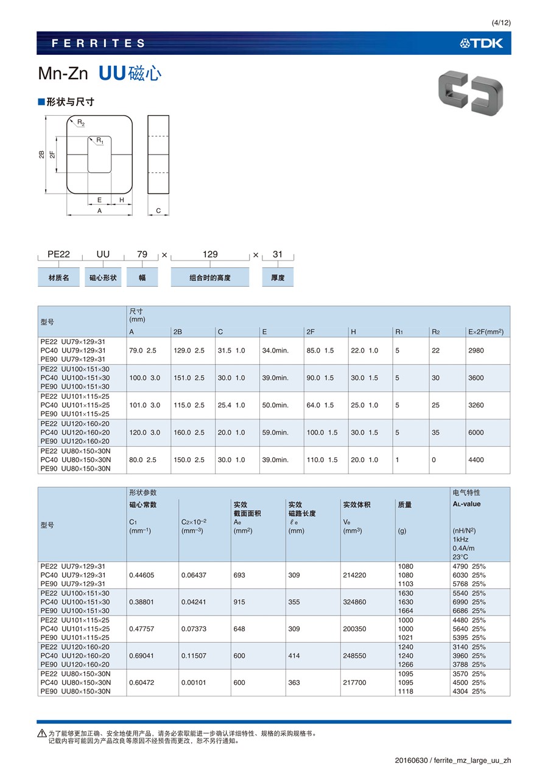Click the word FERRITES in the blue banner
pos(99,43)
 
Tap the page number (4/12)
pos(501,23)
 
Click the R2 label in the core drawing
pos(81,123)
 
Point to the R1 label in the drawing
pos(100,141)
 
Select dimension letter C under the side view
pos(158,211)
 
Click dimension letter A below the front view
pos(99,211)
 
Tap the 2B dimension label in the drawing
pos(41,155)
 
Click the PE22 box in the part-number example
pos(58,254)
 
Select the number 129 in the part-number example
pos(210,254)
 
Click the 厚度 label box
pos(278,278)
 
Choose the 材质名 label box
pos(58,278)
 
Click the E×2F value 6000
pos(476,432)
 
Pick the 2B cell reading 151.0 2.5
pos(189,378)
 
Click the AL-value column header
pos(466,504)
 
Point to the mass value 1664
pos(405,611)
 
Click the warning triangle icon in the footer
pos(42,733)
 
